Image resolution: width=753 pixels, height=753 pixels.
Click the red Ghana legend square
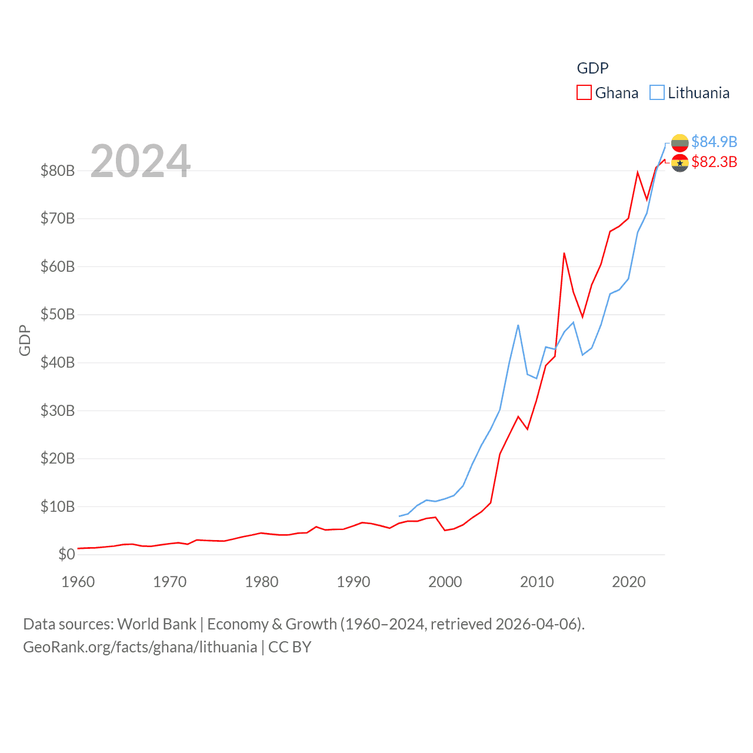(584, 93)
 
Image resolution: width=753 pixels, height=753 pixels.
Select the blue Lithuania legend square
(657, 93)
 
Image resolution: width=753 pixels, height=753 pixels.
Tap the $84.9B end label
(714, 142)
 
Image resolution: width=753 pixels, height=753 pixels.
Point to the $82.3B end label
(714, 162)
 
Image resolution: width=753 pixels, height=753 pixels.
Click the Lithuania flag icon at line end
(679, 142)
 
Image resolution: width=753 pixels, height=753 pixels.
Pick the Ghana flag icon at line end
(679, 163)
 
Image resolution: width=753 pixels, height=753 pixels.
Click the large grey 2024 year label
(141, 161)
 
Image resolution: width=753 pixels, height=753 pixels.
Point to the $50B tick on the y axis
(58, 314)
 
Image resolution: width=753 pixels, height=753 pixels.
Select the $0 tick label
(66, 554)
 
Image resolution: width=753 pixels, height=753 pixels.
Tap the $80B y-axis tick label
(58, 171)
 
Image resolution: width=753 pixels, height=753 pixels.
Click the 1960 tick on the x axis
(78, 582)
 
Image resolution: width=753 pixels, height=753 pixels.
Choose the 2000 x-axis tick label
(445, 582)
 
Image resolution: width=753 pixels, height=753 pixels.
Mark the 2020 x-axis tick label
(629, 582)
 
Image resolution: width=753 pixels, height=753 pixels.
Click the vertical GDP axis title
(25, 340)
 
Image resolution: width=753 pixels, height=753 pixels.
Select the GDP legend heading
(592, 68)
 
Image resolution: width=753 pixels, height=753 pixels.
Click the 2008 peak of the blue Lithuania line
(518, 325)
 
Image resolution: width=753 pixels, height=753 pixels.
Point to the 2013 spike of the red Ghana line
(564, 254)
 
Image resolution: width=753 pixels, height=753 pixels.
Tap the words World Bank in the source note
(157, 624)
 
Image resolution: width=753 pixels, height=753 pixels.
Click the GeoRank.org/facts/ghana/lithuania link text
(140, 647)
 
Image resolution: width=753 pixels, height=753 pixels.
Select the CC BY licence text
(289, 647)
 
